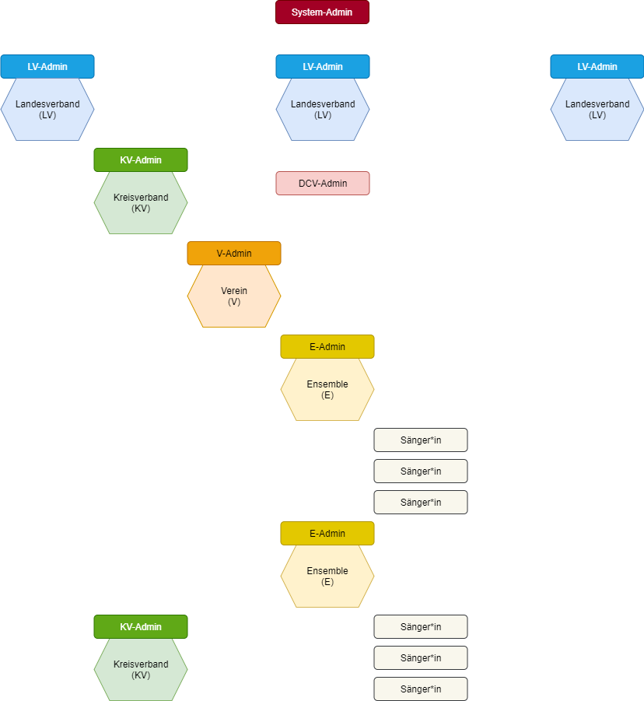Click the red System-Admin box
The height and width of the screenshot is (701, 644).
(x=322, y=12)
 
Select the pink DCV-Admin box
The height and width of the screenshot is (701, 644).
(x=322, y=183)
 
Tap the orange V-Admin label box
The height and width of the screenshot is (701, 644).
(x=233, y=253)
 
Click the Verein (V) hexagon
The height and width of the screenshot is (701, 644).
(x=233, y=296)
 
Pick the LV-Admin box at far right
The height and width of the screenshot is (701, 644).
(x=597, y=66)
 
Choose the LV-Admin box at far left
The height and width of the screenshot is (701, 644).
(x=47, y=66)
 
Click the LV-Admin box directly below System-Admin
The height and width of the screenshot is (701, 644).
(x=322, y=66)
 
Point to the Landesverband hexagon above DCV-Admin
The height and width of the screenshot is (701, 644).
(x=322, y=109)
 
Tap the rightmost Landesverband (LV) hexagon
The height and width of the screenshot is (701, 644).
(x=597, y=109)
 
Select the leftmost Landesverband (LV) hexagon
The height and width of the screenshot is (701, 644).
(x=47, y=109)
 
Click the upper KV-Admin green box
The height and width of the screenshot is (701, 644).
(x=141, y=159)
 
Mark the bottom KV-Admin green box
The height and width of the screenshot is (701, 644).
(x=141, y=626)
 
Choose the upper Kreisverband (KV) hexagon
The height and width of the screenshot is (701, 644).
(x=141, y=202)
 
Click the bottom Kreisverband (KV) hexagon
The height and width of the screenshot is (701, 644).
(x=141, y=669)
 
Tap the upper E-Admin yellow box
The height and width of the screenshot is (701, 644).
(x=327, y=346)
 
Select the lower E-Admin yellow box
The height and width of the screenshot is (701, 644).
(x=327, y=533)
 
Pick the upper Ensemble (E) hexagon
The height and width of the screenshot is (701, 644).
(x=327, y=389)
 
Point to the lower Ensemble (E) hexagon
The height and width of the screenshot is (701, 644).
(x=327, y=576)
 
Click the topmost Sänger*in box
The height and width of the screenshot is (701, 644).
(x=420, y=440)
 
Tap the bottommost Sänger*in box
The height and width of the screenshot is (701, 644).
(x=420, y=689)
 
